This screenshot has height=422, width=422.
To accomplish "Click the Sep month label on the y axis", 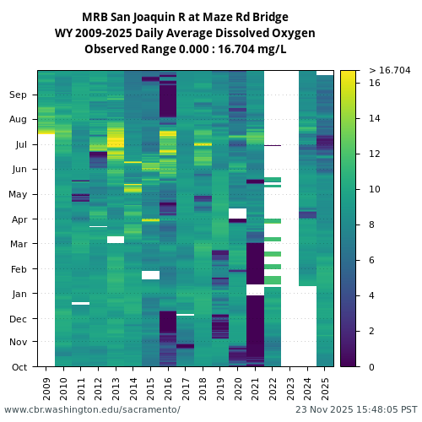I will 19,95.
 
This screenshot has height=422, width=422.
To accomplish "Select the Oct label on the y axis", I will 19,367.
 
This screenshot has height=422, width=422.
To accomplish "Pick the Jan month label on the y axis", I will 19,294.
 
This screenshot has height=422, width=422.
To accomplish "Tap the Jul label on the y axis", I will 20,145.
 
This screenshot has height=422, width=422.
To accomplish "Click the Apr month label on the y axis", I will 19,219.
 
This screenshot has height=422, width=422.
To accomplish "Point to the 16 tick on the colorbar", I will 375,84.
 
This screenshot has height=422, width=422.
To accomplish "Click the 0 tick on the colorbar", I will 372,367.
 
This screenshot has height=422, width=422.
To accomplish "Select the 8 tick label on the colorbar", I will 372,225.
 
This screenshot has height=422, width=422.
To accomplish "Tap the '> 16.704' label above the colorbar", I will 389,70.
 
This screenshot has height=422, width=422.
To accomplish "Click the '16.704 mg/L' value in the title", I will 247,49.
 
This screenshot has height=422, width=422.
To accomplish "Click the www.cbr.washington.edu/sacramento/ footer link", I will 92,409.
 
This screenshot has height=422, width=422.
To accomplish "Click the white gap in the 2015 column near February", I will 150,274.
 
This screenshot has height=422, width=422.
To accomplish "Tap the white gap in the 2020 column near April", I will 237,213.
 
